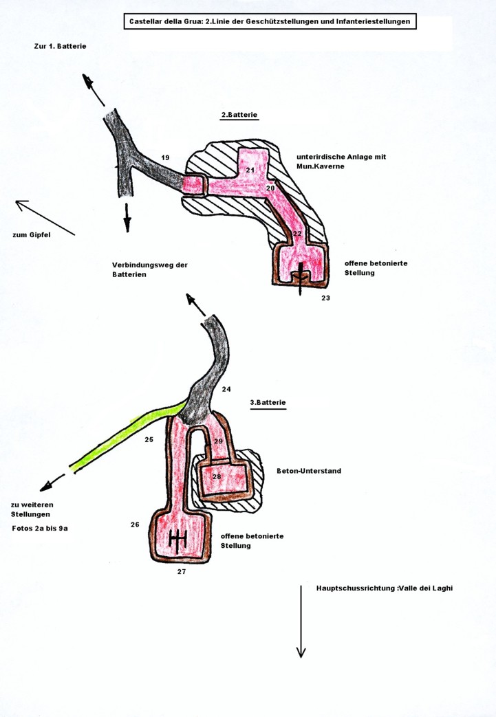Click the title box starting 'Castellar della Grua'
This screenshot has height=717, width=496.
coord(270,22)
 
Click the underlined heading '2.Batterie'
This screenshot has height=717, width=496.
coord(239,115)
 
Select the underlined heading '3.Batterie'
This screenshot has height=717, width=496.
coord(268,402)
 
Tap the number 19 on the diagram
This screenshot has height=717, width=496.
coord(165,158)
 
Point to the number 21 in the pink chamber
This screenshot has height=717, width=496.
coord(250,170)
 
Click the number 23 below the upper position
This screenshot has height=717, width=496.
coord(325,298)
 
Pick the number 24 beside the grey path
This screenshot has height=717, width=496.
coord(226,389)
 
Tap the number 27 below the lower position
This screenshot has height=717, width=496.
coord(182,571)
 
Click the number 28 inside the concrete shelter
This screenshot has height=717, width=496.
coord(217,476)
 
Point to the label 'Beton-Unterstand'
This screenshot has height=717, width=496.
coord(309,471)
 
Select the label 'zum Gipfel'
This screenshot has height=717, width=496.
coord(32,235)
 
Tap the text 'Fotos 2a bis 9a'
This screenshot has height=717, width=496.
coord(40,529)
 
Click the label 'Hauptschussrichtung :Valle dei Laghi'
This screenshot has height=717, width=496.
coord(384,588)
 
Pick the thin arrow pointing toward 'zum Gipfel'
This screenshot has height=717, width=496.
coord(45,218)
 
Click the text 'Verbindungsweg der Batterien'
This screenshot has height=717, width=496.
coord(149,269)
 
